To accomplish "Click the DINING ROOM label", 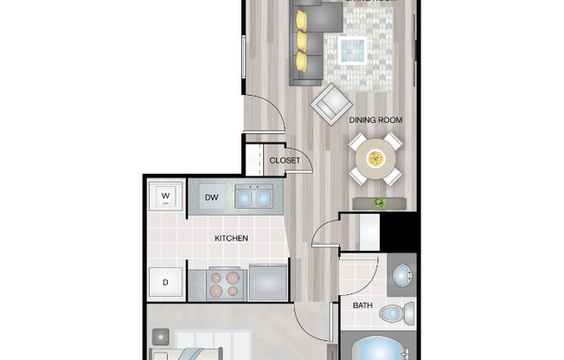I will point(376,119).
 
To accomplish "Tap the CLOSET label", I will point(285,160).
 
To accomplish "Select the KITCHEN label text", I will point(232,238).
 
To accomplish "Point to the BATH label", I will point(362,305).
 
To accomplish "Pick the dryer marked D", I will point(164,282).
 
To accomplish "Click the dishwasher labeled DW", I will point(211,198).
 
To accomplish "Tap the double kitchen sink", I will point(254,197).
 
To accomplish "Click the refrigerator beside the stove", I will point(268,282).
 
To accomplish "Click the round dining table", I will point(375,158).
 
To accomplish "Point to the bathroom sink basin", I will point(402,276).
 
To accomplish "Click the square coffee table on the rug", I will point(352,49).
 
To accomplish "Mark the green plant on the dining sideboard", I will point(380,203).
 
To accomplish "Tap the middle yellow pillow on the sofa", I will point(302,41).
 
